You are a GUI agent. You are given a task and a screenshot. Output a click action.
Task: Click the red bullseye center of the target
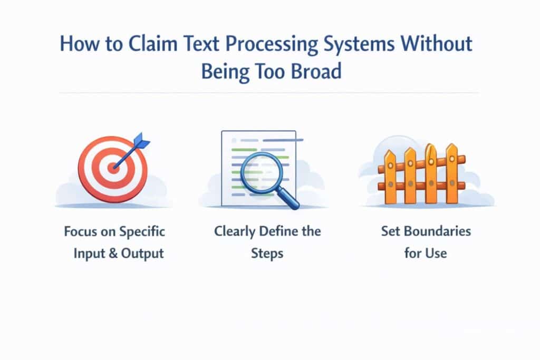pos(112,168)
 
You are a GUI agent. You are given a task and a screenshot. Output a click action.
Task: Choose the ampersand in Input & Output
pos(115,253)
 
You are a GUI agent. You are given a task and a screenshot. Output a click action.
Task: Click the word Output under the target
pos(143,253)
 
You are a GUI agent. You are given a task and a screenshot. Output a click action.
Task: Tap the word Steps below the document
pos(267,253)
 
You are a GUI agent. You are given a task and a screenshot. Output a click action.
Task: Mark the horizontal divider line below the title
pos(269,93)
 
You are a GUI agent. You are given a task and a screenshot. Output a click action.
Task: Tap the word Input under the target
pos(89,253)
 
